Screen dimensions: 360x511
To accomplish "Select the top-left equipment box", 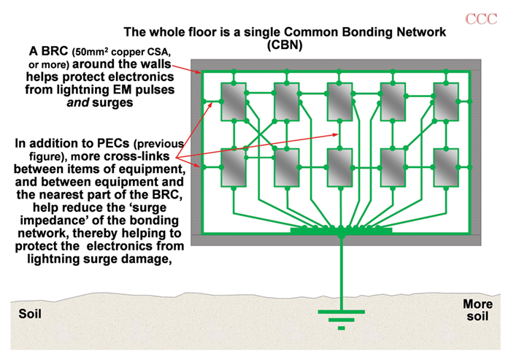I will point(233,102).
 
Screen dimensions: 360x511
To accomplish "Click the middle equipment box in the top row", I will point(339,102).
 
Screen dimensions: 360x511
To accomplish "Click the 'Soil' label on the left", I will point(28,315).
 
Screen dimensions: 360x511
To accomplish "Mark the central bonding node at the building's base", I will point(341,234).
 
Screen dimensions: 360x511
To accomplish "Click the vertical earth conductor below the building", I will point(341,274).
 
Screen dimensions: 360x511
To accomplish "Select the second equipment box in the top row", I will point(286,102).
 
